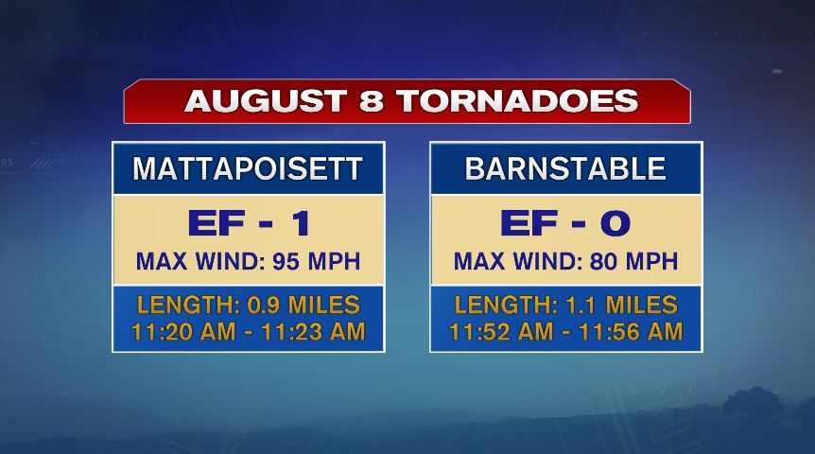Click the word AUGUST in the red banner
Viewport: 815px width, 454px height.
[266, 101]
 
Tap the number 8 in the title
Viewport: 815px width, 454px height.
[372, 101]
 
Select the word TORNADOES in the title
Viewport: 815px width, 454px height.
[518, 101]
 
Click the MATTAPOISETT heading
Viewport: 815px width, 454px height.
[248, 169]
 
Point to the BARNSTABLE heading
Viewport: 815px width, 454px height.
[565, 169]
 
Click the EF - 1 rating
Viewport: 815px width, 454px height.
[249, 223]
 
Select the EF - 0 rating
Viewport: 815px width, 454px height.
[565, 223]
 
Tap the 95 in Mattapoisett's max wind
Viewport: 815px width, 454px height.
[286, 262]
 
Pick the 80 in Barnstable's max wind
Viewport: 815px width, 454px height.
[603, 262]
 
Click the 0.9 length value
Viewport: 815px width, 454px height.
[264, 306]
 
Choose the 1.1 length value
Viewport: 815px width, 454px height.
[580, 306]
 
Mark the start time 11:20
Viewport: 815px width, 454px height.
[164, 332]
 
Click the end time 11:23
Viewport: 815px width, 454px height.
[292, 332]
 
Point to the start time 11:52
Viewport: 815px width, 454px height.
[480, 332]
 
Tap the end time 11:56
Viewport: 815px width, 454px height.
[610, 332]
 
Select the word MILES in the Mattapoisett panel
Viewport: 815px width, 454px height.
[323, 306]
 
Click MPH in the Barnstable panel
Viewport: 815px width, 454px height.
[651, 262]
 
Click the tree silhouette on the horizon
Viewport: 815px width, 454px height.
[752, 401]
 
